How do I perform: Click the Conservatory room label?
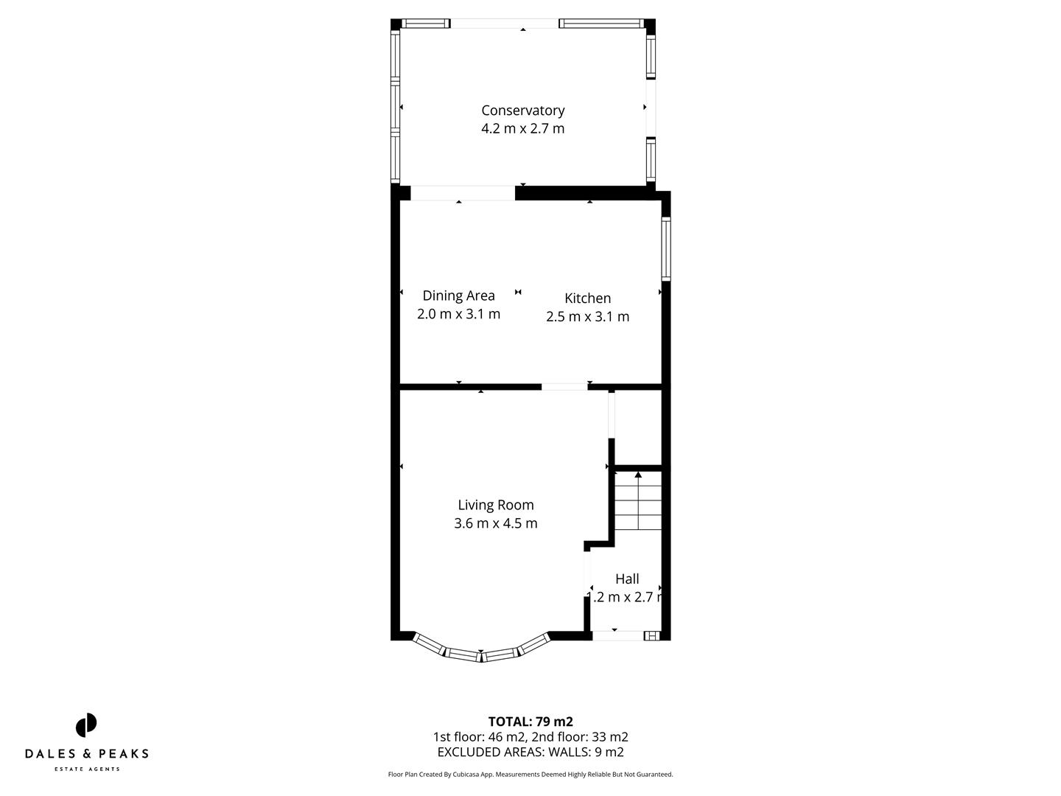click(x=522, y=111)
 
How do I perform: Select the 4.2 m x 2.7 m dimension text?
click(x=522, y=129)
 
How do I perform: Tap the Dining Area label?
click(x=458, y=296)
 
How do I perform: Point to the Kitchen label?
click(x=587, y=298)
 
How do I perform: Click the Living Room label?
click(x=495, y=505)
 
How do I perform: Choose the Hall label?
click(x=627, y=579)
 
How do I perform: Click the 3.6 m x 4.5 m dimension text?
click(x=495, y=523)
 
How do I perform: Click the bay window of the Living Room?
click(x=481, y=653)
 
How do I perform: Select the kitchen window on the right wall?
click(x=665, y=249)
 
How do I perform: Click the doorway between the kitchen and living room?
click(x=564, y=385)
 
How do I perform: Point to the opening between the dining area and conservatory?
click(x=462, y=193)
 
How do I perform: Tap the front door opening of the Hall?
click(x=617, y=635)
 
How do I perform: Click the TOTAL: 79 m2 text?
click(x=530, y=722)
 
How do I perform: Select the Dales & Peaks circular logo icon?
click(x=86, y=725)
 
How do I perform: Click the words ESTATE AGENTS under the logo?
click(x=87, y=769)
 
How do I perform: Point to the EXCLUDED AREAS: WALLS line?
click(x=530, y=753)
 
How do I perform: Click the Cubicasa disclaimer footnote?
click(x=530, y=775)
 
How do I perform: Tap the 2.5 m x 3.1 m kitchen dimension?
click(x=587, y=317)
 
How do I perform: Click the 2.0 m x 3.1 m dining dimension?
click(x=458, y=314)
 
